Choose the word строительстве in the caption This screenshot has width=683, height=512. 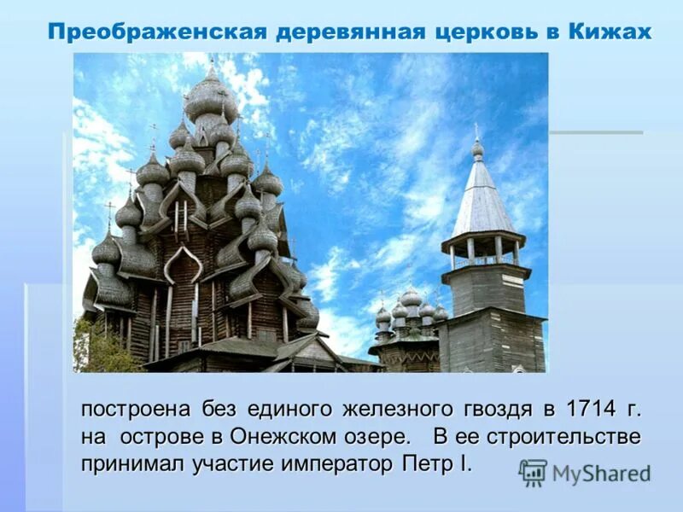pyautogui.click(x=563, y=436)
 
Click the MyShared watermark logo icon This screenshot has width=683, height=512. pyautogui.click(x=533, y=473)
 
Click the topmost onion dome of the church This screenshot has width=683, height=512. pyautogui.click(x=211, y=94)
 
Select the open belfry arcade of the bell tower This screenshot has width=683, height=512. pyautogui.click(x=483, y=249)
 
